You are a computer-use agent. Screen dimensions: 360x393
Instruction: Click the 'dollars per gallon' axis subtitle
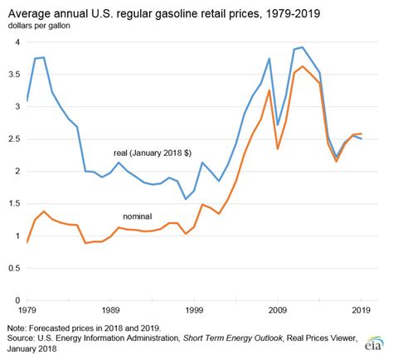[x=41, y=27]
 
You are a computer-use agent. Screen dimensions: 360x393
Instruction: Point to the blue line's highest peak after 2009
[x=303, y=47]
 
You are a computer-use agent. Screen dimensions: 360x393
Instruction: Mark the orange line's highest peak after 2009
[x=303, y=66]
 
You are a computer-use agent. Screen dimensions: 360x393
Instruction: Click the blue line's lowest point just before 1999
[x=186, y=199]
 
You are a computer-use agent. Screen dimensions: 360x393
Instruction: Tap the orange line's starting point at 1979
[x=27, y=242]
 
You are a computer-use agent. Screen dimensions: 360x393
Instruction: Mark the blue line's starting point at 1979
[x=27, y=100]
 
